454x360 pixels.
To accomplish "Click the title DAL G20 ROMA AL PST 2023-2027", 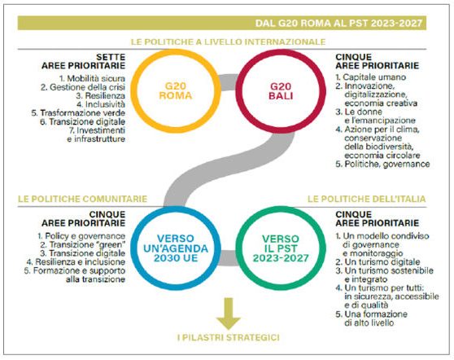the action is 338,23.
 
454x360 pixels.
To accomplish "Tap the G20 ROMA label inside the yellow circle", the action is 176,90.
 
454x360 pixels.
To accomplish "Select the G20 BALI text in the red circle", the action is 281,90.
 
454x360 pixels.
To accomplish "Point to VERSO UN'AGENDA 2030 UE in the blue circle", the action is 176,248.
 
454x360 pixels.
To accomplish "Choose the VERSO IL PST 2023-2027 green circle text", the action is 281,248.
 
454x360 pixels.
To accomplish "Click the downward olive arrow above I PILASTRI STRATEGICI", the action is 229,314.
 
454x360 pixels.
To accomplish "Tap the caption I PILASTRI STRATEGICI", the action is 229,338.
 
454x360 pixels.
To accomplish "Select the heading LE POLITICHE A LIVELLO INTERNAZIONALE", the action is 228,42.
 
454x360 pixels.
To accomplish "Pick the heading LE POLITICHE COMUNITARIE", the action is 82,199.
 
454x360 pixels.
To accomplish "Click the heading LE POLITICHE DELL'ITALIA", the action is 367,199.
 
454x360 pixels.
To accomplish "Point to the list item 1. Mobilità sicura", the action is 93,78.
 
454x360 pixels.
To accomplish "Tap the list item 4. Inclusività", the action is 101,104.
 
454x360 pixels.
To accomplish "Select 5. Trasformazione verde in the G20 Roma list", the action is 78,112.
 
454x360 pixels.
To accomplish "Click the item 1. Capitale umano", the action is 371,77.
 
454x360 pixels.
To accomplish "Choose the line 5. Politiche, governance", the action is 382,164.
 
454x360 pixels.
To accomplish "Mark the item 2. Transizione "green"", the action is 83,244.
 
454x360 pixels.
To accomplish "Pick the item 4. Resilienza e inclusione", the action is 76,262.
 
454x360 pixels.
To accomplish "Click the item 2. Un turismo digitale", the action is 378,262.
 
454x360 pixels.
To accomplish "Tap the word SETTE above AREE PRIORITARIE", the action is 111,57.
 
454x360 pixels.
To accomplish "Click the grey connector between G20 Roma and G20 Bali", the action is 228,82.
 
